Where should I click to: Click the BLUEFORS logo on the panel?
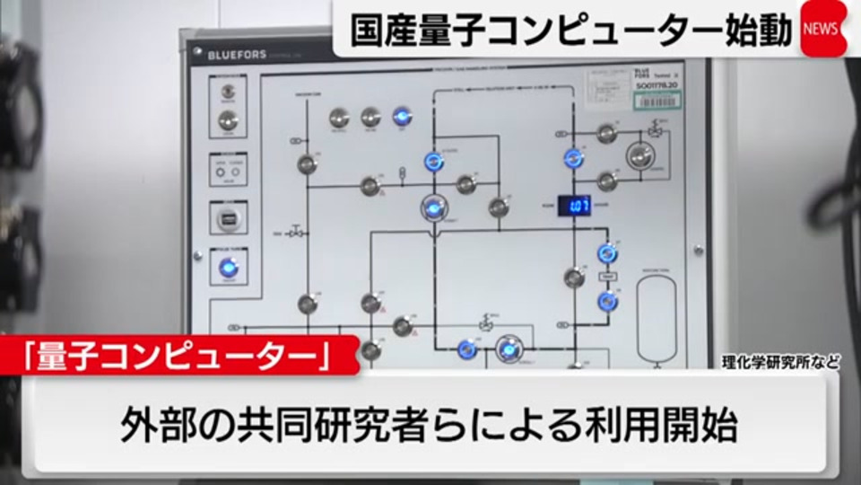click(237, 55)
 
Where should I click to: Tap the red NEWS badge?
click(822, 29)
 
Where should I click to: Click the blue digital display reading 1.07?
click(574, 206)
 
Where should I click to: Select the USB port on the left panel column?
click(228, 217)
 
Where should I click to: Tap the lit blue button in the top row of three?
click(401, 117)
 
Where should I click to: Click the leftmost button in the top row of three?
click(338, 117)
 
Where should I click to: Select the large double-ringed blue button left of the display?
click(433, 207)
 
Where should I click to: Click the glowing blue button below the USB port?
click(228, 267)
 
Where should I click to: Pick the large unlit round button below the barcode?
click(639, 155)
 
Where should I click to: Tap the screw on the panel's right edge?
click(698, 249)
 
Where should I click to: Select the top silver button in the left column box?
click(228, 91)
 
